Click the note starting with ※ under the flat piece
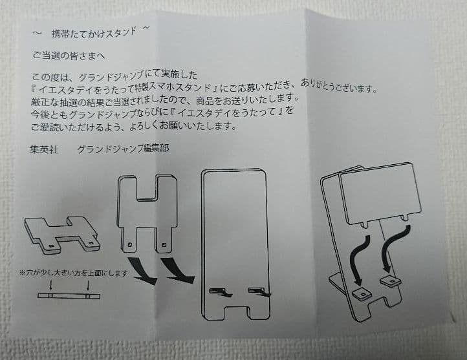[x=76, y=274]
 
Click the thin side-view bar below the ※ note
[x=69, y=296]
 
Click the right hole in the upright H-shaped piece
[x=165, y=244]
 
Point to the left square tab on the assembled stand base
[x=359, y=293]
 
